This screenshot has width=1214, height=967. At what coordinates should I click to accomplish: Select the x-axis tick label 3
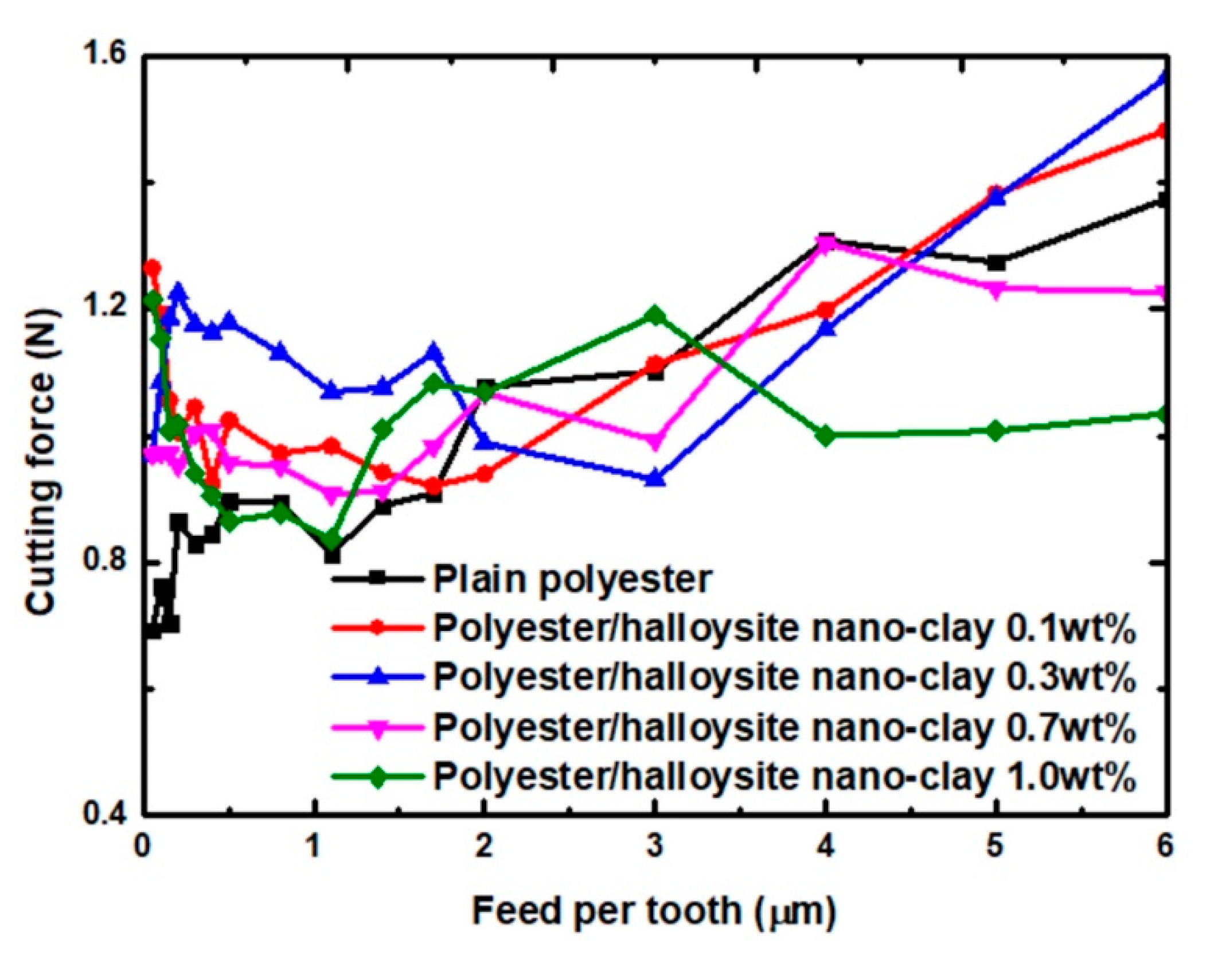(655, 847)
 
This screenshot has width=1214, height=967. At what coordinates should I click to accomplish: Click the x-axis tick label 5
(996, 847)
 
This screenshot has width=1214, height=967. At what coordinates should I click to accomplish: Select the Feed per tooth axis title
(653, 911)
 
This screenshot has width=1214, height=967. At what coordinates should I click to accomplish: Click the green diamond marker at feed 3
(655, 315)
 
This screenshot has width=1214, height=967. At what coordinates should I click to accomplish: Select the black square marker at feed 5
(997, 263)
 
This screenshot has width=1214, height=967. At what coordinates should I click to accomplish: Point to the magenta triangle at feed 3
(655, 441)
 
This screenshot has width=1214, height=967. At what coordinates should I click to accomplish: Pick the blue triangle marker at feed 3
(655, 478)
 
